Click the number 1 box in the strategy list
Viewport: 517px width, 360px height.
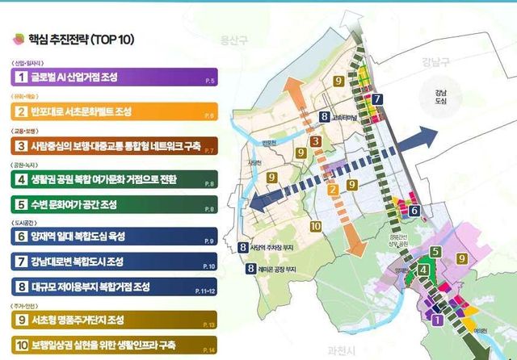pyautogui.click(x=17, y=77)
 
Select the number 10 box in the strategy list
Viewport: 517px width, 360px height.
pyautogui.click(x=17, y=343)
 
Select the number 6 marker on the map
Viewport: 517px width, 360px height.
pyautogui.click(x=414, y=211)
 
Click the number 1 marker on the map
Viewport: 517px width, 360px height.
pyautogui.click(x=437, y=320)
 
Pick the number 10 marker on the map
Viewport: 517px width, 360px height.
pyautogui.click(x=315, y=227)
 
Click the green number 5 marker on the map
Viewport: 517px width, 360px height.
pyautogui.click(x=434, y=252)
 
